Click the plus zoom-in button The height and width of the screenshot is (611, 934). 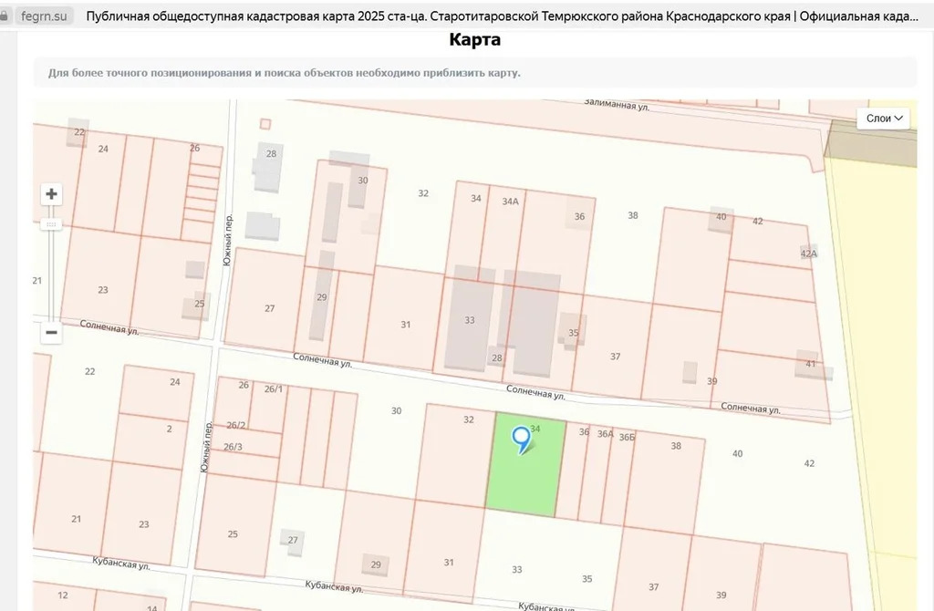coord(52,194)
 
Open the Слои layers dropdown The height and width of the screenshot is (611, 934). coord(883,119)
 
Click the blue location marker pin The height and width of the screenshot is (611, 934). coord(522,440)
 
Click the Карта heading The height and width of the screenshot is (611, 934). coord(474,40)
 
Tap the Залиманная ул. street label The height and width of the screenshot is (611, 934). coord(618,106)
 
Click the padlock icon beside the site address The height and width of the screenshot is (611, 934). coord(5,16)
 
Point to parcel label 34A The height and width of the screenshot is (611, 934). coord(510,202)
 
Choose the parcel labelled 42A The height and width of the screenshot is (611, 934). coord(808,254)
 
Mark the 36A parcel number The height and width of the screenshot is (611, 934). coord(605,434)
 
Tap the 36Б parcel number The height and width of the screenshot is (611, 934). coord(627,438)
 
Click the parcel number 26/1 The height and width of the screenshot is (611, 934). coord(273,389)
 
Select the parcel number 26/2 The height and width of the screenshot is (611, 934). coord(235,425)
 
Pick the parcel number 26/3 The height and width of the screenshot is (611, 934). coord(233,446)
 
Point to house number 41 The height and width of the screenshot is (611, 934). coord(810,364)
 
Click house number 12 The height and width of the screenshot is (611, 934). coord(63,595)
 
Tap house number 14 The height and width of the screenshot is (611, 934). coord(151,606)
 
